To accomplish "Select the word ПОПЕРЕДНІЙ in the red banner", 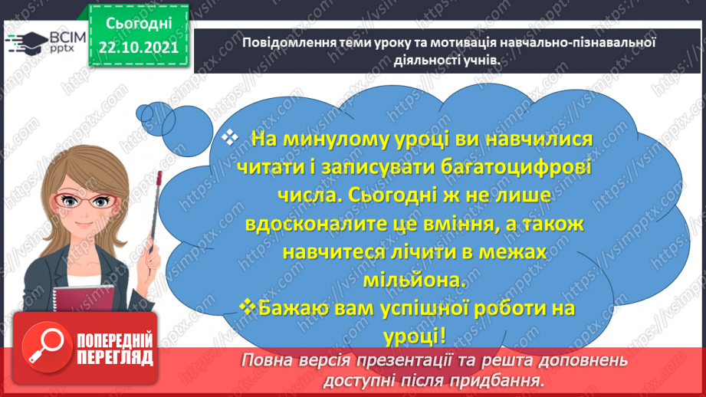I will (114, 340).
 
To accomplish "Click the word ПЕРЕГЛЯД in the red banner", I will (114, 357).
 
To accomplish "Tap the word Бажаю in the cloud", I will (295, 307).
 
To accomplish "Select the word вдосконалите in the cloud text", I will (319, 224).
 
